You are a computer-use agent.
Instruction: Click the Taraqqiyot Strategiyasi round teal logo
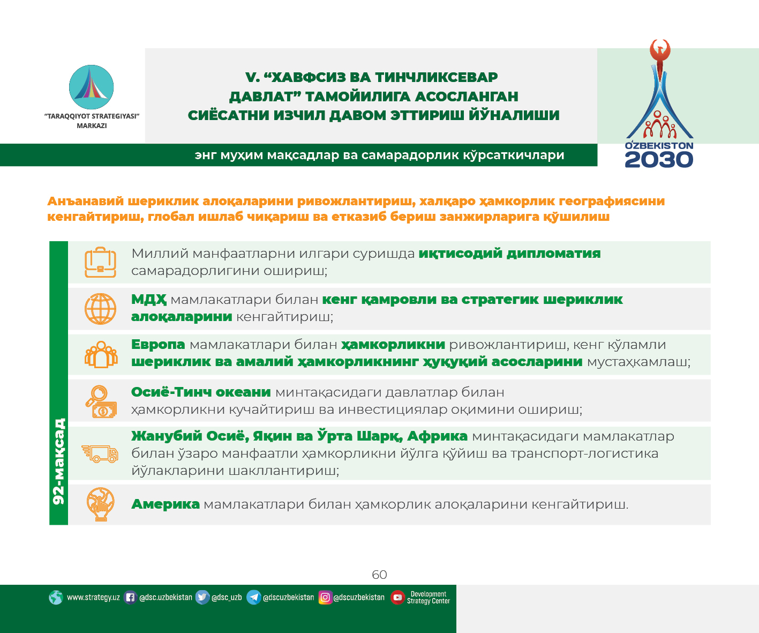[x=91, y=87]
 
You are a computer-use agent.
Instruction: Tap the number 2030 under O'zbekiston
[x=659, y=160]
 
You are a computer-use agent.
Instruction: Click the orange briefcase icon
[x=100, y=262]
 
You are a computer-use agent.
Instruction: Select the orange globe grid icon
[x=100, y=309]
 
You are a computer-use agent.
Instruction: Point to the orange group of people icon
[x=101, y=354]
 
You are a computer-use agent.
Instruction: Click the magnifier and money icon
[x=101, y=401]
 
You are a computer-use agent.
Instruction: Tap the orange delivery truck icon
[x=100, y=453]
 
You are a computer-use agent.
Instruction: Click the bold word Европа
[x=158, y=344]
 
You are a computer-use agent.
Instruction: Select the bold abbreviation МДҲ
[x=149, y=300]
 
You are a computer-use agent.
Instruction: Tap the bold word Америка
[x=166, y=504]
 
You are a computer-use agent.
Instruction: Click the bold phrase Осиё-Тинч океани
[x=201, y=392]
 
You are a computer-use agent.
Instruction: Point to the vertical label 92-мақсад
[x=58, y=461]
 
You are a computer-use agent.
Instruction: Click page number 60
[x=379, y=575]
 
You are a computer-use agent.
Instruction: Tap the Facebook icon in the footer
[x=130, y=597]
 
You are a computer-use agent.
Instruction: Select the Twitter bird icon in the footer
[x=202, y=597]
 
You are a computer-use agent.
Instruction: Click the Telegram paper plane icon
[x=254, y=597]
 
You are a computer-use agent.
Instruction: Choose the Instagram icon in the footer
[x=325, y=597]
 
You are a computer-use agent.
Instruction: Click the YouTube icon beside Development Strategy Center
[x=397, y=597]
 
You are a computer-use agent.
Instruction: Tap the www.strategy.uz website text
[x=93, y=597]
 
